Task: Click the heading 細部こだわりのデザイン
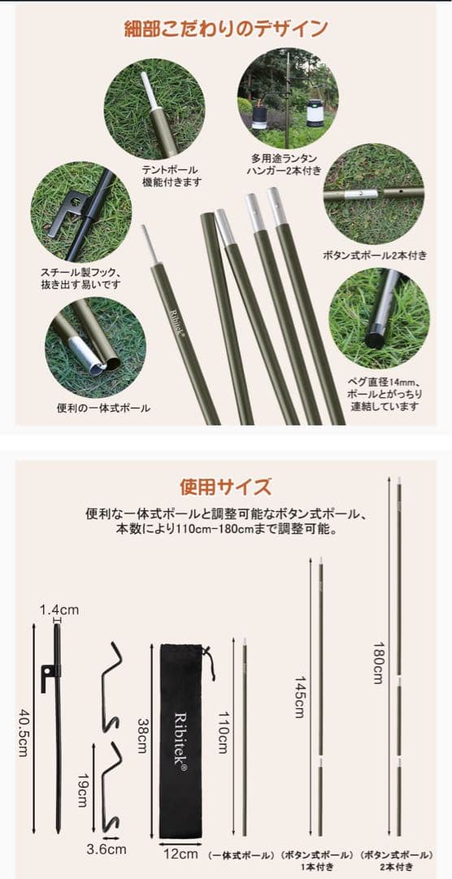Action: pyautogui.click(x=225, y=29)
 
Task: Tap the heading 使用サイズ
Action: pyautogui.click(x=225, y=488)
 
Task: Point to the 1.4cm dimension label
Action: pyautogui.click(x=60, y=610)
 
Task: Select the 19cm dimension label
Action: pyautogui.click(x=82, y=789)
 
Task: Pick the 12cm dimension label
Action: pyautogui.click(x=180, y=854)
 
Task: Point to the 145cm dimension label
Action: pyautogui.click(x=298, y=697)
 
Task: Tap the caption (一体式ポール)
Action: pyautogui.click(x=242, y=855)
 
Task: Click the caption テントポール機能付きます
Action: pyautogui.click(x=170, y=177)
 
